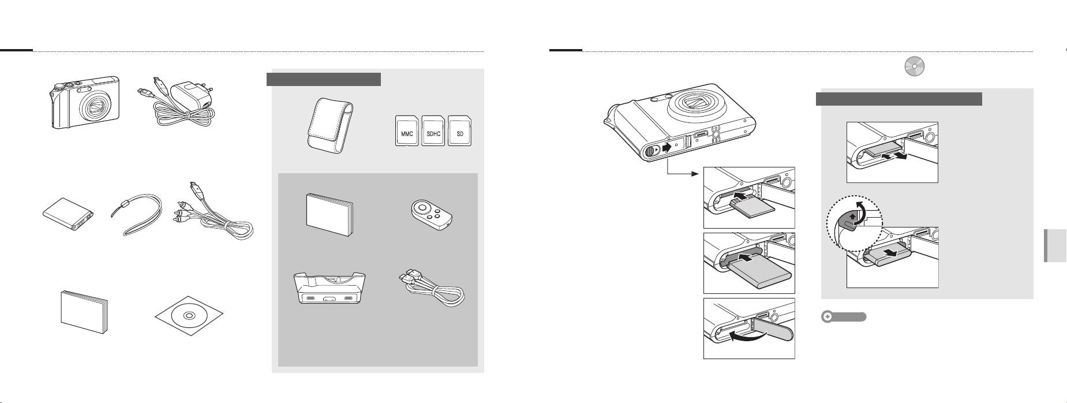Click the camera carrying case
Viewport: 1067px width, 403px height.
[330, 124]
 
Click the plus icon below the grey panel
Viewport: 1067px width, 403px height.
[828, 317]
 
